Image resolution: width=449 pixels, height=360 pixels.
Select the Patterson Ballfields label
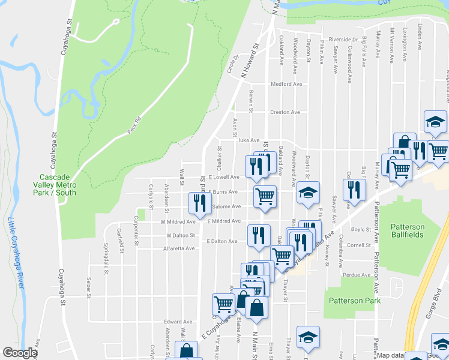pos(408,230)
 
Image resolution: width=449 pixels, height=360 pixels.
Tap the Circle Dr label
pos(232,65)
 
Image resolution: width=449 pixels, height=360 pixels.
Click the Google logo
pos(20,353)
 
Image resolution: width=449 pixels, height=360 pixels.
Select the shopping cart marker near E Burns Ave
pos(265,196)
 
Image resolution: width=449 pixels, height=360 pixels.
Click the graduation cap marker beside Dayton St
pos(309,193)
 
